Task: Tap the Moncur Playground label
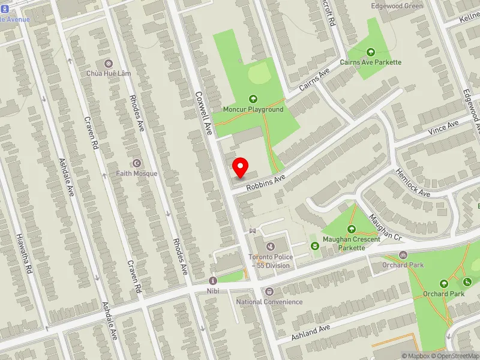tap(253, 110)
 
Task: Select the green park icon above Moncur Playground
tap(253, 99)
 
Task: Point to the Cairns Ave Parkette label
tap(370, 62)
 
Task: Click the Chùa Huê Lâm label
tap(108, 74)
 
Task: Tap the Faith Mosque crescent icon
tap(137, 163)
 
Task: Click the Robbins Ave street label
tap(266, 180)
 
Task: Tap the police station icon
tap(270, 246)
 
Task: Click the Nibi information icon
tap(212, 281)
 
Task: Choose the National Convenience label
tap(269, 302)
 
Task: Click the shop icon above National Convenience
tap(269, 292)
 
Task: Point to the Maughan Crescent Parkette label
tap(351, 244)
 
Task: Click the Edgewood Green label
tap(397, 6)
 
